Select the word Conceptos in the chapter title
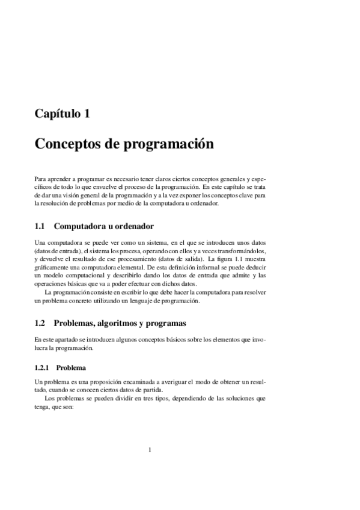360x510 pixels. coord(65,145)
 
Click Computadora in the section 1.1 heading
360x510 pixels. coord(81,227)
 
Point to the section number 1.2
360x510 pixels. coord(40,323)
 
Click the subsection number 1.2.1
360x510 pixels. coord(43,367)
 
